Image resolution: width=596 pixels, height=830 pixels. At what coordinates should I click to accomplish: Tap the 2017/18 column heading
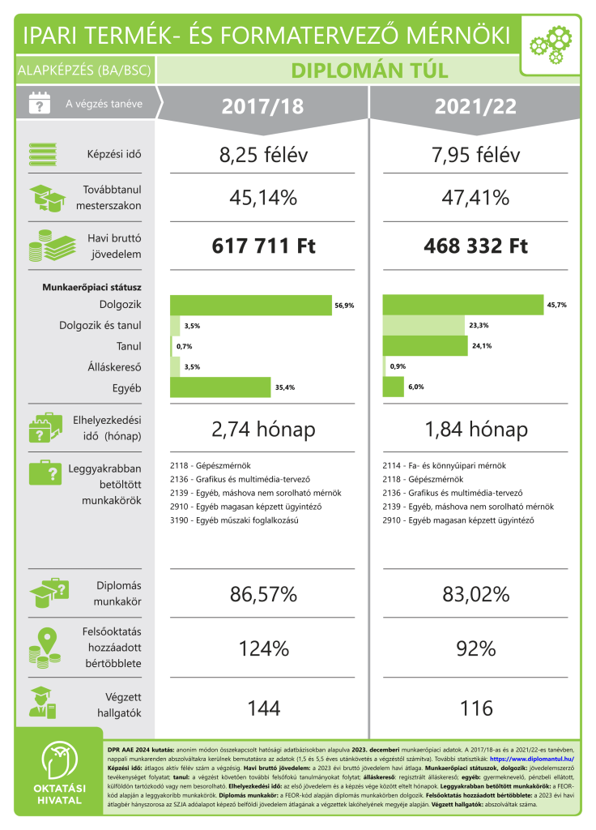[x=262, y=106]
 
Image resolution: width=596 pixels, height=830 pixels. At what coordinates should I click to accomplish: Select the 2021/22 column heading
[x=475, y=106]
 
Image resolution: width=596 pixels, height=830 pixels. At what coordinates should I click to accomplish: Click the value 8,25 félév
[x=262, y=155]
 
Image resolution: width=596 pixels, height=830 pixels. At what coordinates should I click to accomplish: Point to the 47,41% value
[x=475, y=198]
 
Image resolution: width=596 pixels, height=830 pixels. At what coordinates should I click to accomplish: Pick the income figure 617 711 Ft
[x=262, y=246]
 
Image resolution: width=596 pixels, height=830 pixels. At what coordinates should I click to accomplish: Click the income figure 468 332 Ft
[x=475, y=246]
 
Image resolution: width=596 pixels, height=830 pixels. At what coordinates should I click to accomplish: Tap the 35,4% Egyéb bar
[x=220, y=387]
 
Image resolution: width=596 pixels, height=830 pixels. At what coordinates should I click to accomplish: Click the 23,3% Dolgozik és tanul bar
[x=424, y=326]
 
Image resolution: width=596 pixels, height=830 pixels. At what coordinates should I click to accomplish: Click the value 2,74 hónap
[x=262, y=430]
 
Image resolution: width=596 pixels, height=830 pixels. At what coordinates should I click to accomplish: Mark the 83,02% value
[x=475, y=595]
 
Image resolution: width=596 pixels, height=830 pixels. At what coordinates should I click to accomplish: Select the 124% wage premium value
[x=262, y=648]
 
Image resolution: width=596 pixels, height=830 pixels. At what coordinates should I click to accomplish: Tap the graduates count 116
[x=475, y=708]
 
